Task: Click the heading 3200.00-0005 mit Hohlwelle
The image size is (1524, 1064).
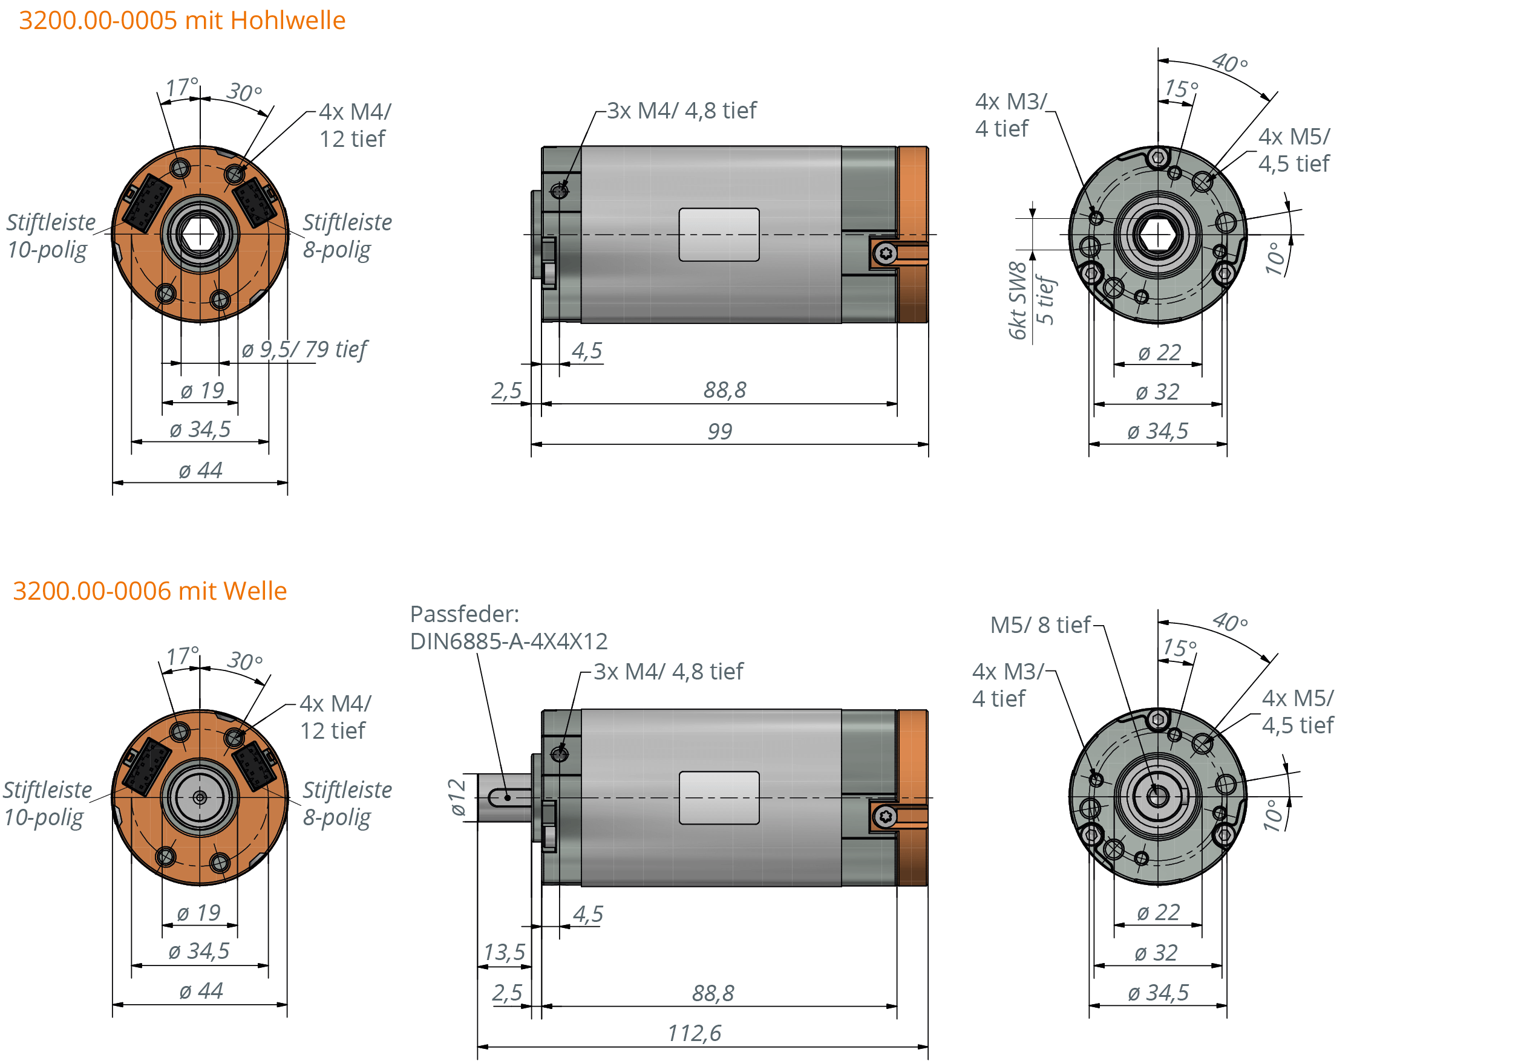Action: pyautogui.click(x=182, y=20)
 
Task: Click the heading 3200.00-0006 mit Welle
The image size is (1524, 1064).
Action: pyautogui.click(x=150, y=591)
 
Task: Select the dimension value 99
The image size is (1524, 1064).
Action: pyautogui.click(x=719, y=431)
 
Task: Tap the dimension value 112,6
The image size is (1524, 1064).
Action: pyautogui.click(x=695, y=1033)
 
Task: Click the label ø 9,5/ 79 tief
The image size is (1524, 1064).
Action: pyautogui.click(x=304, y=349)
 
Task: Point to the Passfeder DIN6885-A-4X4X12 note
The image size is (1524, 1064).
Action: pyautogui.click(x=508, y=628)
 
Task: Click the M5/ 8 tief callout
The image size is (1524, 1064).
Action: pyautogui.click(x=1040, y=624)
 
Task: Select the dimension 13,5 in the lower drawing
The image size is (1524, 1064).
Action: pyautogui.click(x=505, y=952)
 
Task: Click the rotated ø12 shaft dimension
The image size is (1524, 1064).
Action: pyautogui.click(x=457, y=797)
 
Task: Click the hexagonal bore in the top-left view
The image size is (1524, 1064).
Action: pyautogui.click(x=200, y=233)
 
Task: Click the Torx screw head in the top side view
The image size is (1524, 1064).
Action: pyautogui.click(x=885, y=253)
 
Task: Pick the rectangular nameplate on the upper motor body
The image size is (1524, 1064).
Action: pyautogui.click(x=719, y=234)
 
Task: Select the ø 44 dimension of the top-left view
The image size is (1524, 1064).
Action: pyautogui.click(x=200, y=470)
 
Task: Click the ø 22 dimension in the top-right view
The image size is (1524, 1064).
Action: pyautogui.click(x=1159, y=352)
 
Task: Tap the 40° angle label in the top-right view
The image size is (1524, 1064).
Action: pyautogui.click(x=1229, y=63)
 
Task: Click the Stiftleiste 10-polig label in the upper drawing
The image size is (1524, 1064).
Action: pyautogui.click(x=50, y=236)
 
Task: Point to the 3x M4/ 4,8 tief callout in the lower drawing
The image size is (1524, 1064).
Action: pyautogui.click(x=668, y=671)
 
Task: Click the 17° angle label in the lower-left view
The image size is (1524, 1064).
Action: pyautogui.click(x=182, y=657)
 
